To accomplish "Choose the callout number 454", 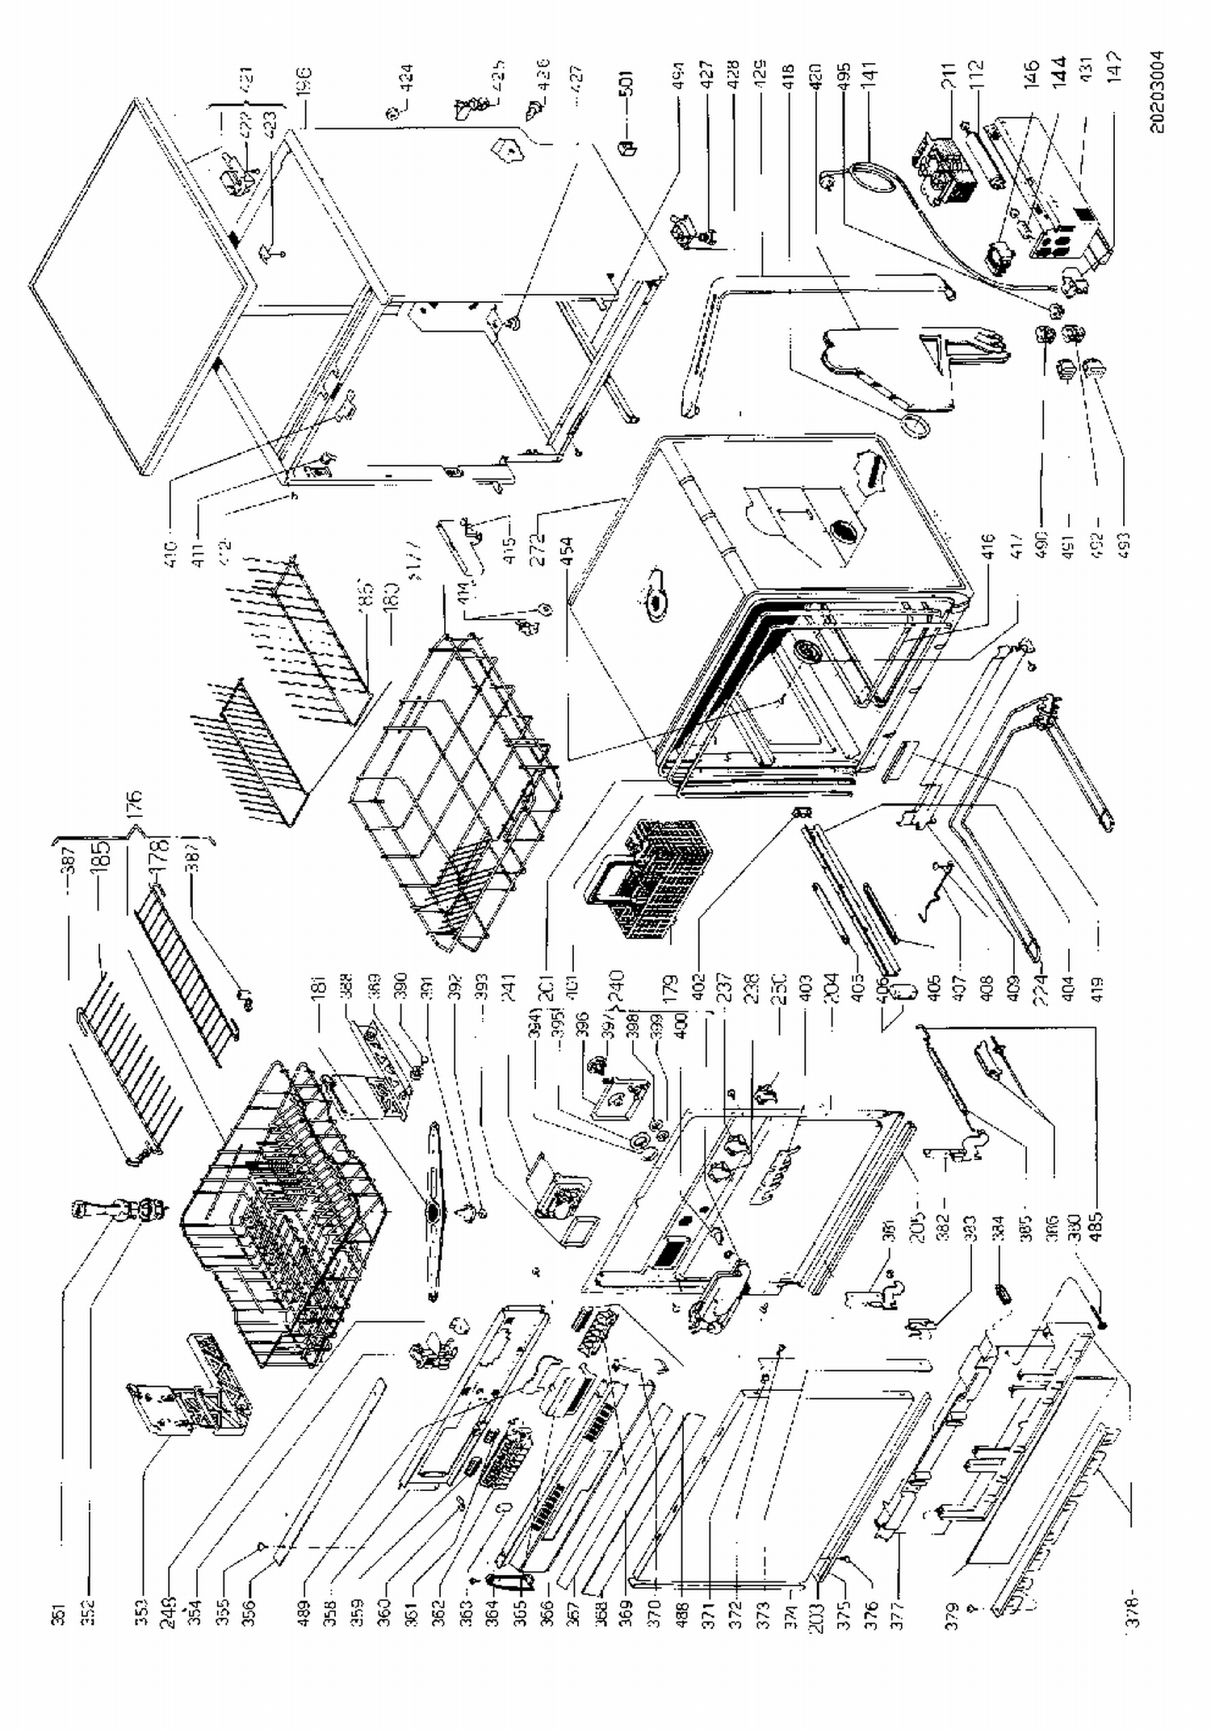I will (565, 551).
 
